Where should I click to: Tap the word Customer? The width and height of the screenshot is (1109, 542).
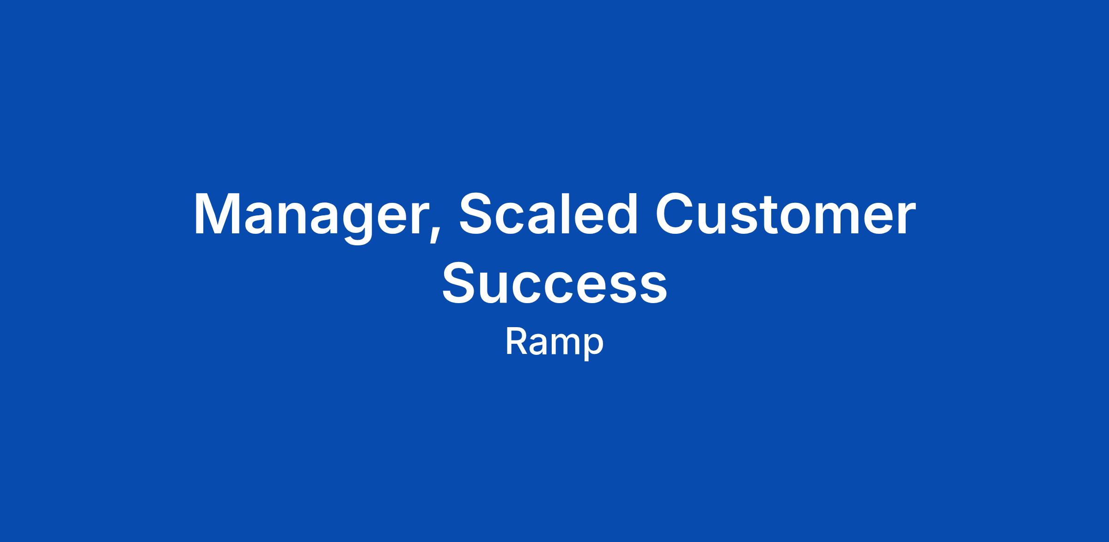point(785,213)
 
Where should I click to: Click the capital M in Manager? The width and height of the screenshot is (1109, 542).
point(218,213)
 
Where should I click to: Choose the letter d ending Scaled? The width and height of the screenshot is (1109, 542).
point(622,213)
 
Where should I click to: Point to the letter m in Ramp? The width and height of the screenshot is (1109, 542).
point(564,344)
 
